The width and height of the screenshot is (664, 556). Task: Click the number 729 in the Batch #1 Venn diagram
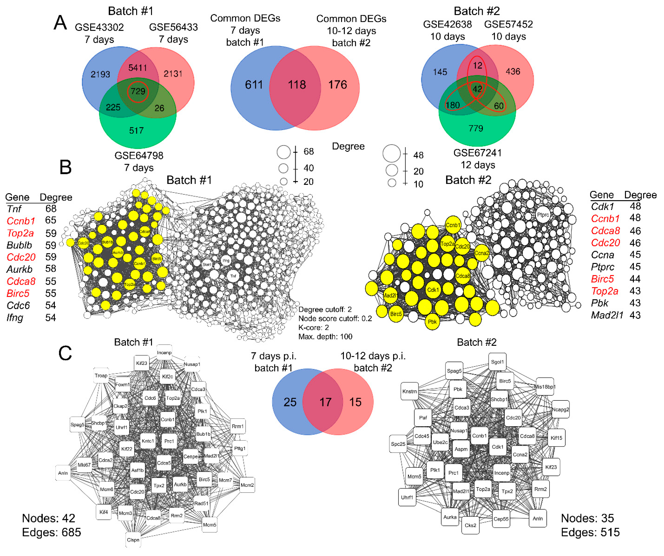[138, 91]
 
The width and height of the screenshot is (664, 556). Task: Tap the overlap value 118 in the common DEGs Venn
[297, 85]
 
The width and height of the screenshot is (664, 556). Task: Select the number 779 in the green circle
[476, 128]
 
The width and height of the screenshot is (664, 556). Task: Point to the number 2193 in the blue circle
[100, 74]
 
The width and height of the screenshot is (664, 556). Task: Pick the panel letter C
[65, 353]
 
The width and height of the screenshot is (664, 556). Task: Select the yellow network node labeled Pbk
[432, 322]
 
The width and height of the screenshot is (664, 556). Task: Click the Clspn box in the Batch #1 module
[133, 540]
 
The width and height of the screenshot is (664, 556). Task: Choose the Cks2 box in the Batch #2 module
[470, 525]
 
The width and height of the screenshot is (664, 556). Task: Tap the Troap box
[101, 375]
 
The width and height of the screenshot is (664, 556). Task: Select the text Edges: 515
[590, 532]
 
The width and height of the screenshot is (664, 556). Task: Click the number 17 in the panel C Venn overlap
[325, 402]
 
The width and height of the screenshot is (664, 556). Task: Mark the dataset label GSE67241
[477, 153]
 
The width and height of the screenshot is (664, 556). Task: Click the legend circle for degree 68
[284, 152]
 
